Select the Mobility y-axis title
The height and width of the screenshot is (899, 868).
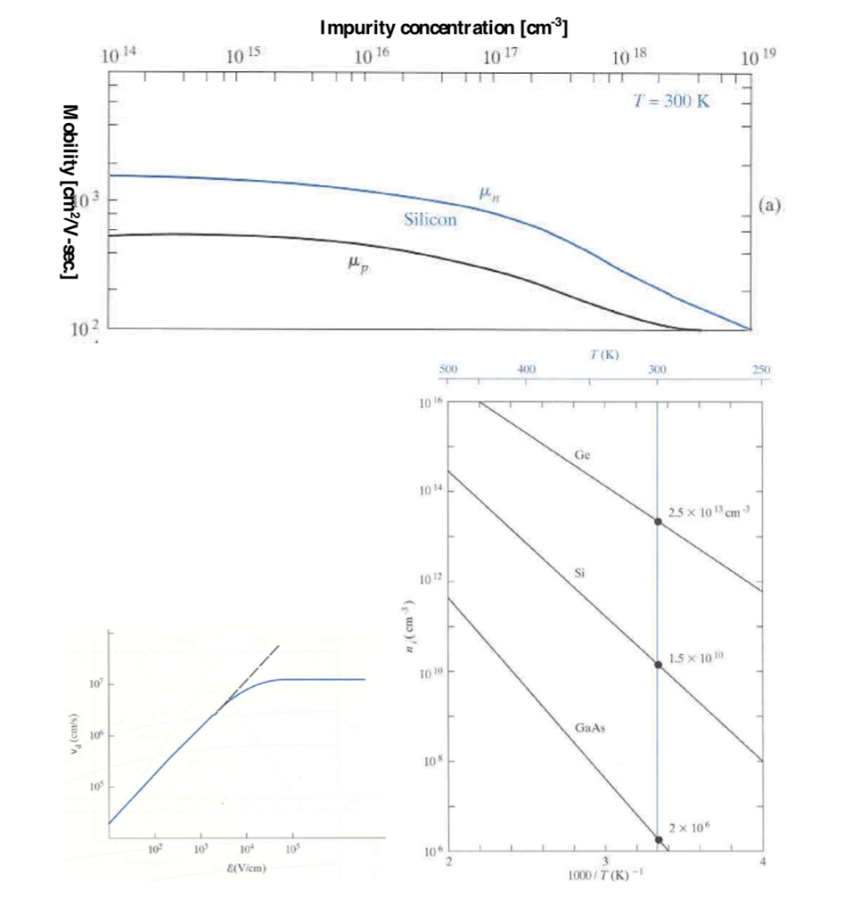point(69,192)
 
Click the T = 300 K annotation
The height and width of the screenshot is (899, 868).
point(673,100)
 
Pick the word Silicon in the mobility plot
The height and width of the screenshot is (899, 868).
point(430,219)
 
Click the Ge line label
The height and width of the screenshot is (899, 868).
point(582,456)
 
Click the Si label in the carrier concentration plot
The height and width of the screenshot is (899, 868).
point(579,572)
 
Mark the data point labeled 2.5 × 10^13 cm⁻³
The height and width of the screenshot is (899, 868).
point(657,521)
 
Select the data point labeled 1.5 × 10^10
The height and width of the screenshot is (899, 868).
point(657,664)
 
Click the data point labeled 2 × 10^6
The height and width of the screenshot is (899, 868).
point(657,839)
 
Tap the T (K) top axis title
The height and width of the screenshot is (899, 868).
point(605,355)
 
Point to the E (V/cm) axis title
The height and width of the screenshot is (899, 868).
point(245,867)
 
